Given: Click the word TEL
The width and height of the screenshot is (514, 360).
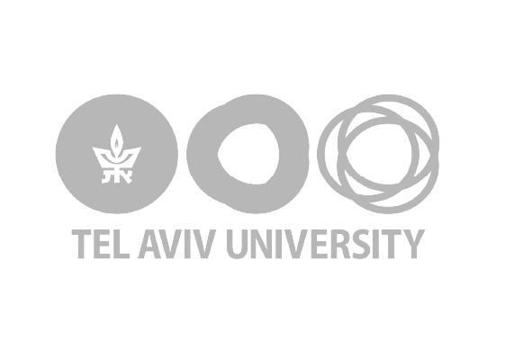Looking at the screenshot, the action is tap(100, 244).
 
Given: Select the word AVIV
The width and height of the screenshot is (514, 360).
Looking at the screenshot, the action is tap(177, 244).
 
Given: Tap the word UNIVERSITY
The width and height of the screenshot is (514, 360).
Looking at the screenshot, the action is tap(326, 244).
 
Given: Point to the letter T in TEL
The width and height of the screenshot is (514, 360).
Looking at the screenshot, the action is tap(81, 244).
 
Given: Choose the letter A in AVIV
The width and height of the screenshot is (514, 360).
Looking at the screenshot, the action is tap(150, 244).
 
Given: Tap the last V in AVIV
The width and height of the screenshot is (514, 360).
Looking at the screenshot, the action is tap(204, 244).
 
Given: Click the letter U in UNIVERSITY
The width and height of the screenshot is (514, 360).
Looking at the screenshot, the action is tap(238, 244).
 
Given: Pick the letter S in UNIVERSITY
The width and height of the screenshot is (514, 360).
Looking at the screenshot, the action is tap(365, 244).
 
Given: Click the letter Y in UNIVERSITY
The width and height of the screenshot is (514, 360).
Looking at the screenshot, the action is tap(414, 244).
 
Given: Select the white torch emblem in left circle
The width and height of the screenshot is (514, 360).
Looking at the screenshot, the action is tap(117, 153).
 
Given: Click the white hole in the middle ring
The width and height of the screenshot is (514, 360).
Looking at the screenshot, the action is tap(248, 154).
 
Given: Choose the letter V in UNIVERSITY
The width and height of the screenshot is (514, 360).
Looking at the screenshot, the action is tap(298, 244).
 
